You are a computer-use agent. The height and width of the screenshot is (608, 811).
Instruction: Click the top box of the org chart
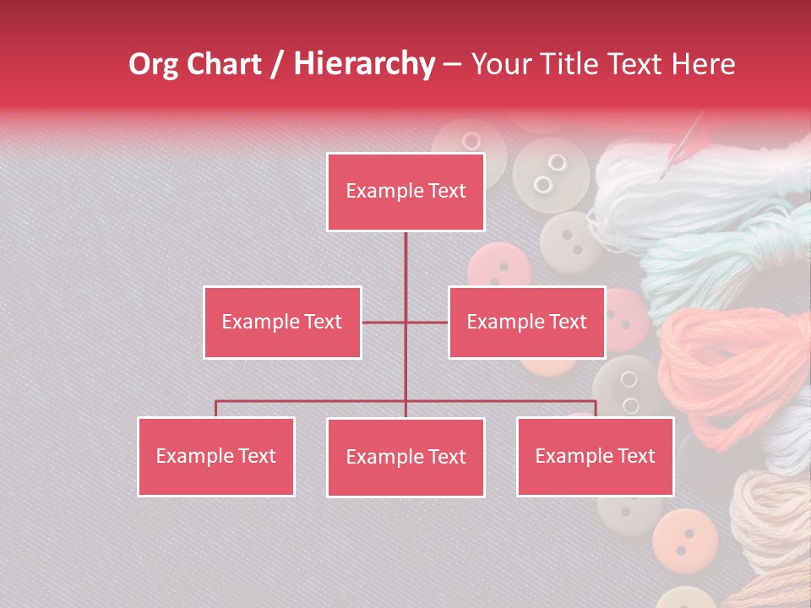point(405,192)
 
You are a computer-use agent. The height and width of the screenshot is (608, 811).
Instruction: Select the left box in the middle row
point(282,322)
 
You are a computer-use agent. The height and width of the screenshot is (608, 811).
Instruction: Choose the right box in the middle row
point(526,322)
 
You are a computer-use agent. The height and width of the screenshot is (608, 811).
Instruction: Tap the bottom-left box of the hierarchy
point(216,456)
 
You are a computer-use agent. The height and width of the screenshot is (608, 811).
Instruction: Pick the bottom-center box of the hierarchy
point(405,457)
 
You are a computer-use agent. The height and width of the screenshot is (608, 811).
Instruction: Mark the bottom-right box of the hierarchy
point(595,456)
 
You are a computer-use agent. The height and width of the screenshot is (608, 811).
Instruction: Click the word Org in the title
point(153,64)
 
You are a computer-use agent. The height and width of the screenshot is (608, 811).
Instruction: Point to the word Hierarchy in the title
point(364,64)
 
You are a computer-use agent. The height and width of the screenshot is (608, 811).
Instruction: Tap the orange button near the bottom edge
point(685,536)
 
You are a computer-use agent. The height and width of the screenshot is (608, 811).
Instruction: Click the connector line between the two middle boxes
point(405,322)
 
